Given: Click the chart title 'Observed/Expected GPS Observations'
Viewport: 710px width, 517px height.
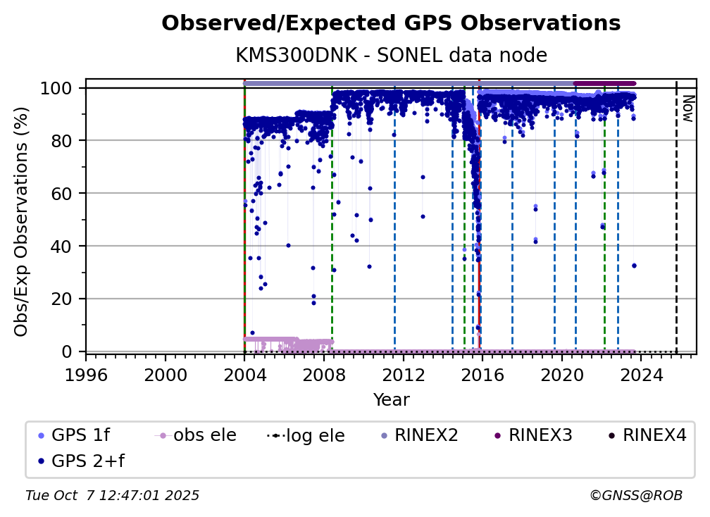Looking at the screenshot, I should (391, 24).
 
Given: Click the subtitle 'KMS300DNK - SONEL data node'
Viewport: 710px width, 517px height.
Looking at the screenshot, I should (391, 56).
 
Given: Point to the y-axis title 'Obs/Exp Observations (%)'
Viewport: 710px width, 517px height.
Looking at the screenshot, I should (21, 221).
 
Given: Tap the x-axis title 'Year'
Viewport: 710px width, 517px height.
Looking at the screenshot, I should (391, 400).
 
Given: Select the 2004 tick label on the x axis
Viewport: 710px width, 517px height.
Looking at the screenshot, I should (244, 375).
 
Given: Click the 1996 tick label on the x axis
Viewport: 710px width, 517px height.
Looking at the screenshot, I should (86, 375).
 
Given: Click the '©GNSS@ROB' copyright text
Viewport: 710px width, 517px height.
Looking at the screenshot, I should (635, 496).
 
